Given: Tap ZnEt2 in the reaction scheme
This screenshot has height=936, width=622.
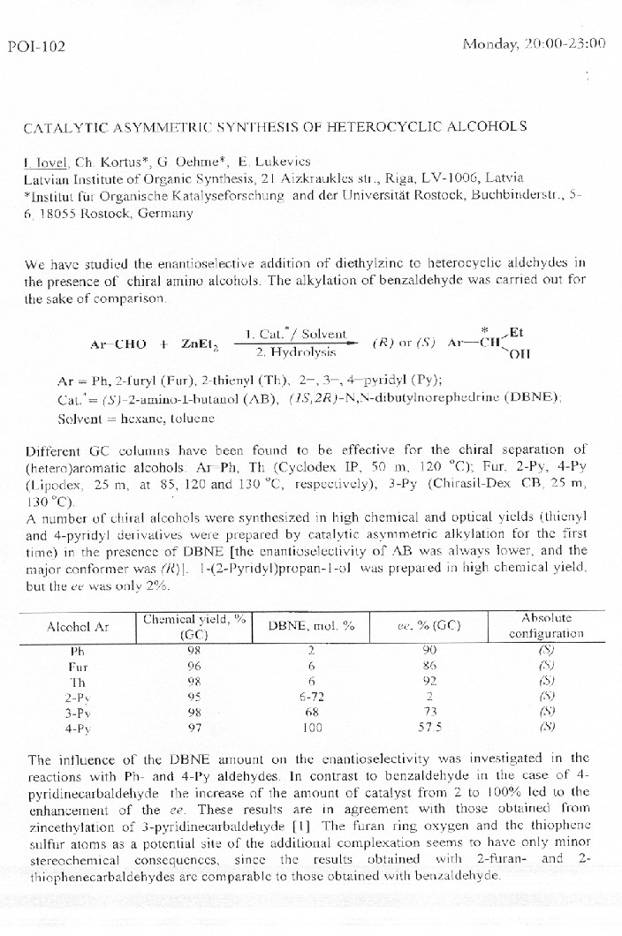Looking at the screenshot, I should [x=200, y=343].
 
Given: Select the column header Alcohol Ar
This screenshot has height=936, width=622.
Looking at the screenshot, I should [x=78, y=626].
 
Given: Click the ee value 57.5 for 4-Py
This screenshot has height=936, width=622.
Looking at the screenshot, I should [x=430, y=727].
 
